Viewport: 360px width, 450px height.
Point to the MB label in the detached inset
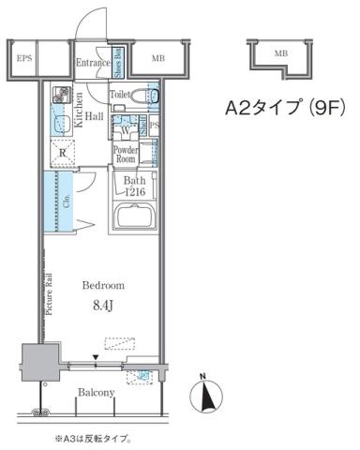(x=280, y=55)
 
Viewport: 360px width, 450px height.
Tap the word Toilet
(x=119, y=95)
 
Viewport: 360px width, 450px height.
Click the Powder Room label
(x=126, y=155)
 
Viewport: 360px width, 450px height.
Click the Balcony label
(x=96, y=392)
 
